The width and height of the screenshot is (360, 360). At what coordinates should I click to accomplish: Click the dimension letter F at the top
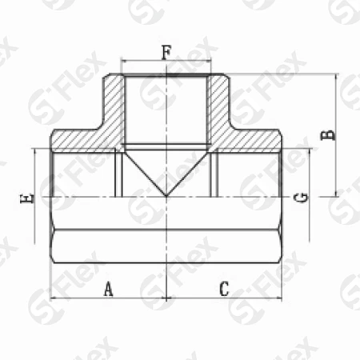[x=166, y=52]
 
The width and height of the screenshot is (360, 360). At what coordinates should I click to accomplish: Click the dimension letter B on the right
[x=327, y=135]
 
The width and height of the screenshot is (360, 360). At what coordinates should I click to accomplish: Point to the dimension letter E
[x=27, y=198]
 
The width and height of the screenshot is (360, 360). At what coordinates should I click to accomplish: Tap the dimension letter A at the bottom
[x=108, y=289]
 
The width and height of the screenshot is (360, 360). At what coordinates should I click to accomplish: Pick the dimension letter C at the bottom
[x=224, y=289]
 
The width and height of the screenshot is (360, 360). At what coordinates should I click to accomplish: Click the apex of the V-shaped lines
[x=166, y=196]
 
